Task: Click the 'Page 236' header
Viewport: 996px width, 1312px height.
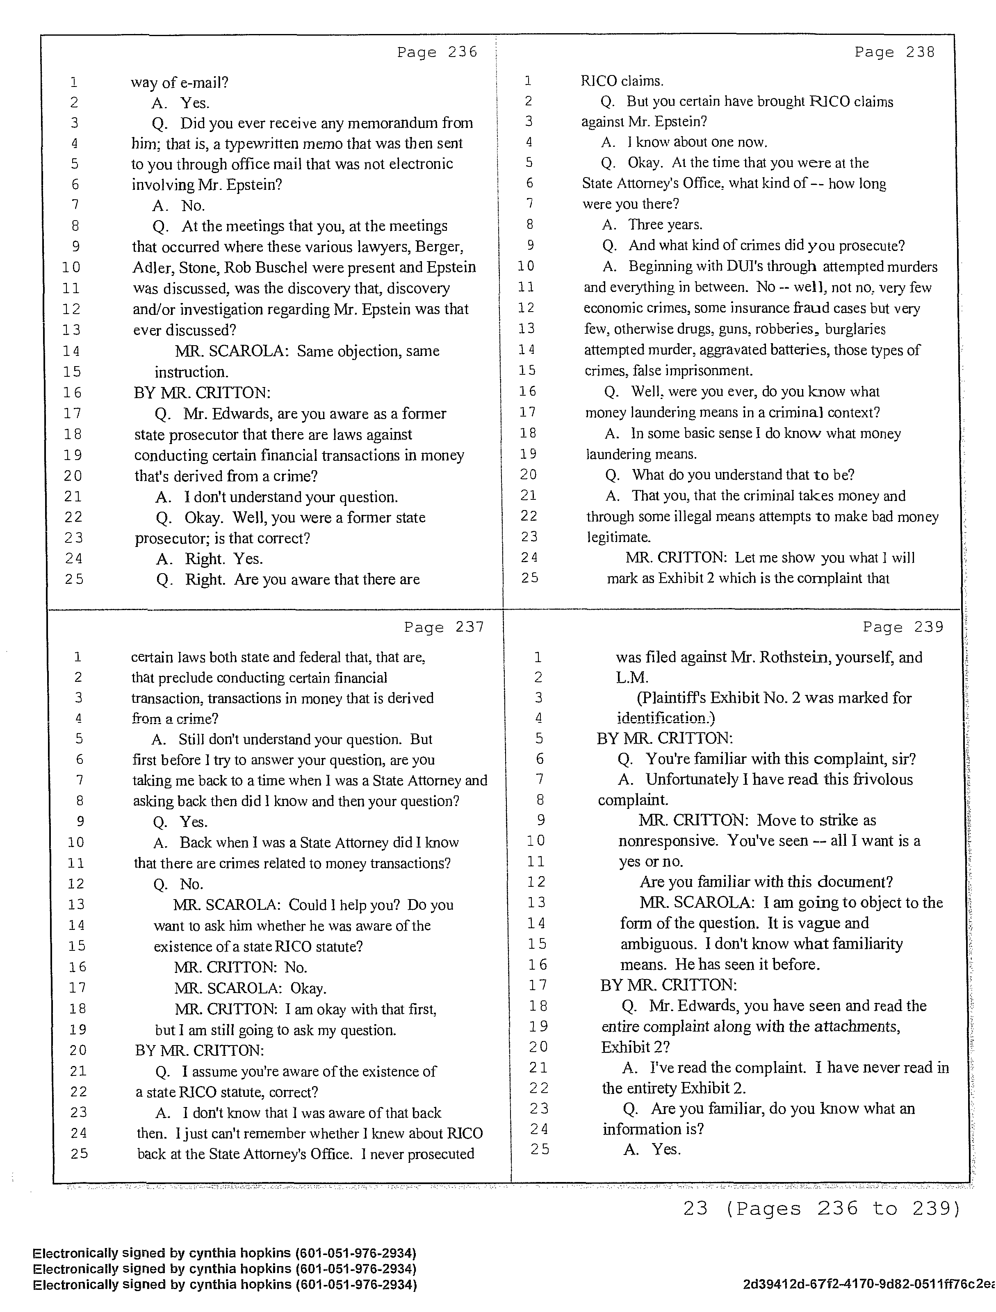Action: (x=437, y=52)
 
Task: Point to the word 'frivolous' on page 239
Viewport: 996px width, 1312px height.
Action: (x=879, y=779)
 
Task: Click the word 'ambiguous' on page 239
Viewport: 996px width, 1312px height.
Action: (x=658, y=944)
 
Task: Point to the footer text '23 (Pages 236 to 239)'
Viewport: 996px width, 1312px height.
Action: (x=821, y=1208)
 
